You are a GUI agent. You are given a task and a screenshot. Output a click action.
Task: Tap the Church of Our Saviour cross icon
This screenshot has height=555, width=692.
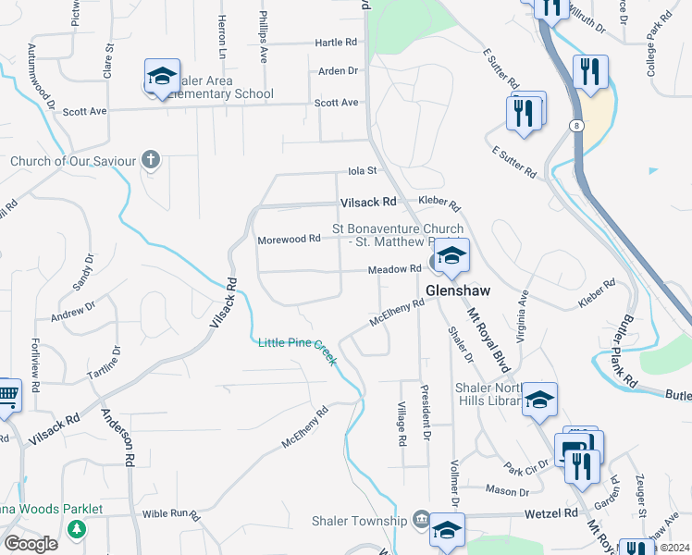(152, 161)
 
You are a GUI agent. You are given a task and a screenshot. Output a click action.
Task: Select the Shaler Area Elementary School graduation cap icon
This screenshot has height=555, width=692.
(162, 76)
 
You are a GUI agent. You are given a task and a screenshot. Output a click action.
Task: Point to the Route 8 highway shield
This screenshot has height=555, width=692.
(575, 124)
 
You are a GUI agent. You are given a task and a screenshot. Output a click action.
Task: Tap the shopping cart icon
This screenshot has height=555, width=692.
(6, 396)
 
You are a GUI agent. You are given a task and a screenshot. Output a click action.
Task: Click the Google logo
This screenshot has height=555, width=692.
(31, 544)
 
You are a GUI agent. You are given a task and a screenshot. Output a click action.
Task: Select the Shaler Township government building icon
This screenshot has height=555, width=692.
(421, 519)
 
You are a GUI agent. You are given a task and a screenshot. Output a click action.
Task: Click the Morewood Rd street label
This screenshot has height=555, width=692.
(289, 239)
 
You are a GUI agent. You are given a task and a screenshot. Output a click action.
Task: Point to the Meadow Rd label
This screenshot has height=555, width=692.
(395, 269)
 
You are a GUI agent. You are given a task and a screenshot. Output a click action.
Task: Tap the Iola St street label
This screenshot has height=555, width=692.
(363, 171)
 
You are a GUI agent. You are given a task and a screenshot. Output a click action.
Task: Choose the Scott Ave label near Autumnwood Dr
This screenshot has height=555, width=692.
(85, 112)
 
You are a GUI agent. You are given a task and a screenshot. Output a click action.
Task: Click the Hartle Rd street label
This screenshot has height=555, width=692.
(336, 43)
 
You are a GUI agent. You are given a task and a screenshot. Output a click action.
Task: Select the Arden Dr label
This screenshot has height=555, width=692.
(338, 71)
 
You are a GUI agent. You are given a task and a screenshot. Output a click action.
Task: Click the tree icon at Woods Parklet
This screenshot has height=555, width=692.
(77, 530)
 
